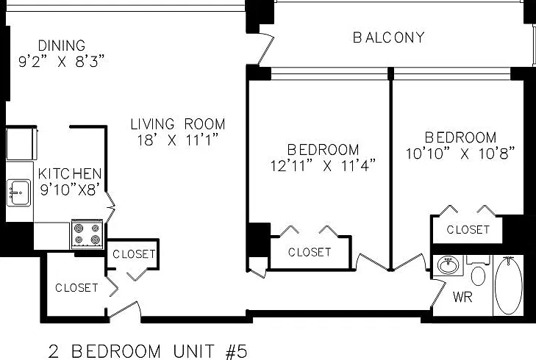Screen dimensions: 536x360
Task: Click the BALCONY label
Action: (389, 37)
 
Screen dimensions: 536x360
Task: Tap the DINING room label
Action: (62, 46)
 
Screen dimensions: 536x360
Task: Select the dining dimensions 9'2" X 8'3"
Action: (62, 62)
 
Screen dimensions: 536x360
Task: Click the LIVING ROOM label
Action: (178, 124)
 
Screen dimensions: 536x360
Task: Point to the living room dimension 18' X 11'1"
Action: (178, 140)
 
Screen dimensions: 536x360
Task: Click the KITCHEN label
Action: (70, 174)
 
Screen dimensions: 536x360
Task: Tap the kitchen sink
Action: (19, 193)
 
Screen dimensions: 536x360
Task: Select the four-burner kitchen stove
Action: (87, 234)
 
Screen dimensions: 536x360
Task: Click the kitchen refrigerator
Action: (21, 143)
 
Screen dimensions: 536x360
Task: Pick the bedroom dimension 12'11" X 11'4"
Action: (323, 165)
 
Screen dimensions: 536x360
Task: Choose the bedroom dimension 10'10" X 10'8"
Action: (460, 154)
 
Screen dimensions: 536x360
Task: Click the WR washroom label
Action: (462, 297)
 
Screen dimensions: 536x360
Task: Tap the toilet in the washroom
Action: (478, 271)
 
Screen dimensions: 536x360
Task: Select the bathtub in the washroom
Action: (509, 285)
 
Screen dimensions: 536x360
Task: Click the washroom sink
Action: (449, 264)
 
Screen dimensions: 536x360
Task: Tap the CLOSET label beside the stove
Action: (134, 254)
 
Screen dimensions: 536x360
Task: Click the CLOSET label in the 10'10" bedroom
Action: (468, 229)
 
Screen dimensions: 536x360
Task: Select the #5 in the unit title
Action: (237, 351)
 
